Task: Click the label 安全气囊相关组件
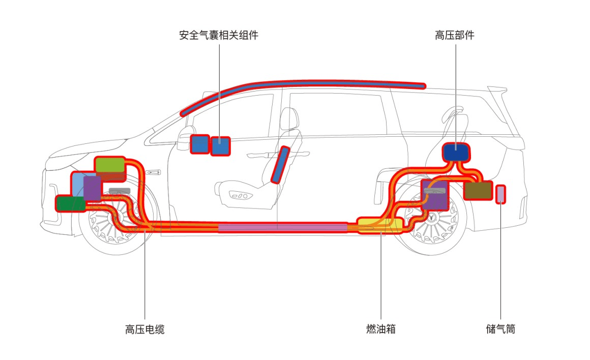tap(219, 36)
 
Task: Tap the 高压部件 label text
tap(455, 36)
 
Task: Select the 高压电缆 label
tap(145, 329)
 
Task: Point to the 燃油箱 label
tap(381, 329)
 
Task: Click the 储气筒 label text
tap(500, 329)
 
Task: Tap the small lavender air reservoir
tap(500, 194)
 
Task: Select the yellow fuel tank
tap(379, 225)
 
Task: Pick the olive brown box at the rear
tap(478, 190)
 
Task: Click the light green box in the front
tap(110, 165)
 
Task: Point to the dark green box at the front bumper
tap(71, 203)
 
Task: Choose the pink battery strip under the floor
tap(283, 227)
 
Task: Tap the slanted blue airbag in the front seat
tap(280, 165)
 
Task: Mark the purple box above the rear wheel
tap(435, 194)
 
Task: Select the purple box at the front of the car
tap(92, 188)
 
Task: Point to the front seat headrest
tap(289, 118)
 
